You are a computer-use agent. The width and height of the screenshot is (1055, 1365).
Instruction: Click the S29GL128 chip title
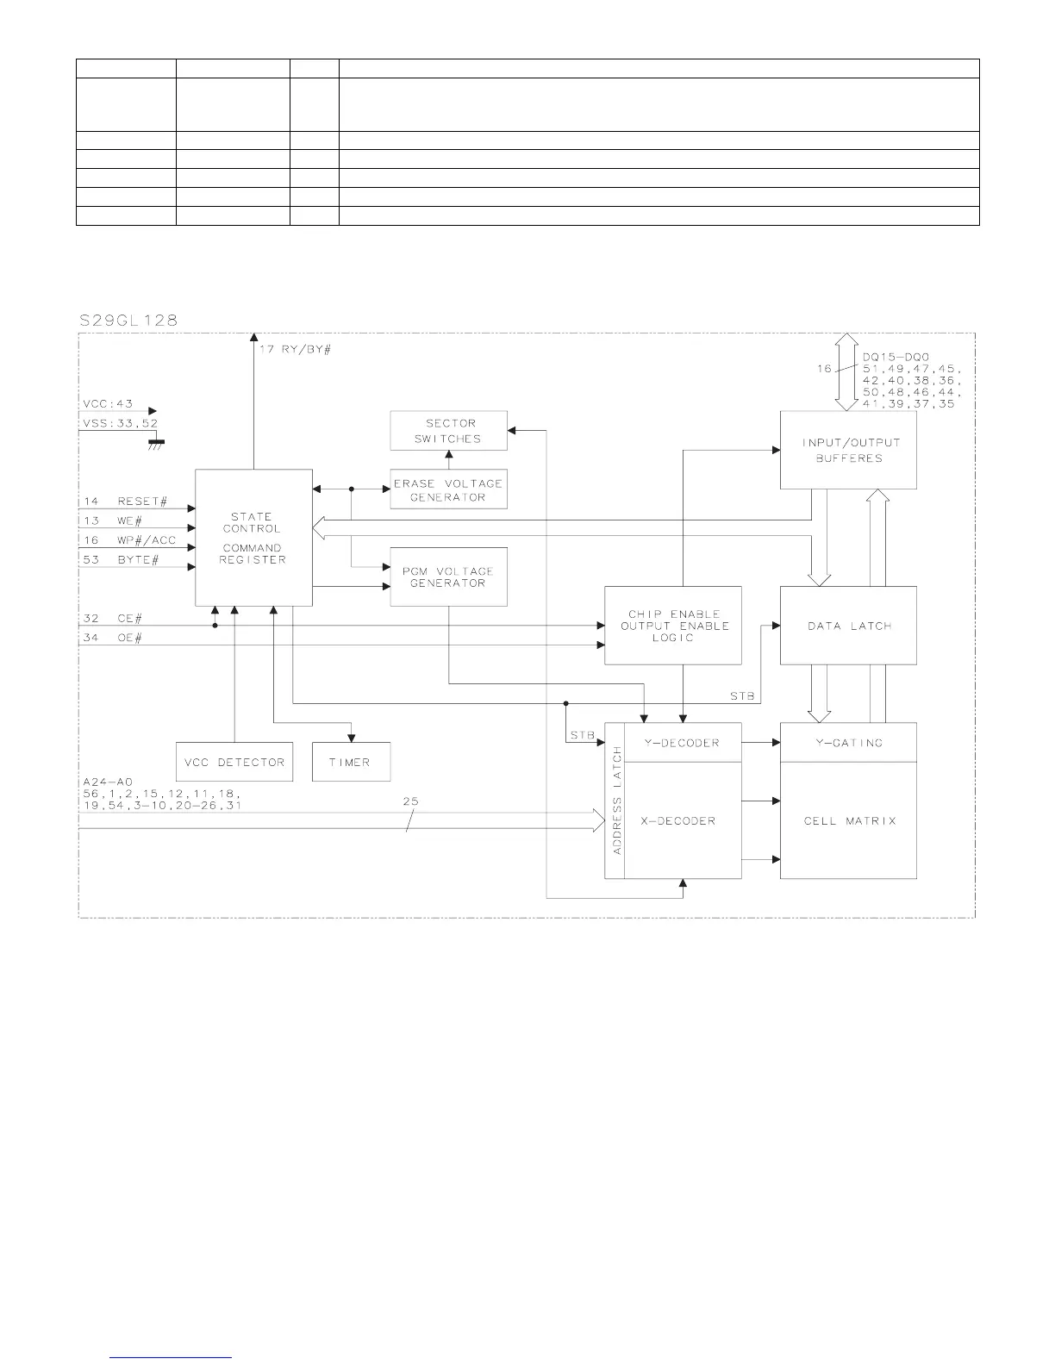pyautogui.click(x=128, y=320)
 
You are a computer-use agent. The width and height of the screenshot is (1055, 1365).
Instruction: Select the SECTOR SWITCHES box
pyautogui.click(x=448, y=431)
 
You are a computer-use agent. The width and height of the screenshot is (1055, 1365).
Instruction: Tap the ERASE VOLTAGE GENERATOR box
pyautogui.click(x=448, y=489)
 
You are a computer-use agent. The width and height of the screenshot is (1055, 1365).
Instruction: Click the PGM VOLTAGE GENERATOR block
pyautogui.click(x=448, y=577)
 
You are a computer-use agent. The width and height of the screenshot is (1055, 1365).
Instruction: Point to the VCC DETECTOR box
pyautogui.click(x=234, y=762)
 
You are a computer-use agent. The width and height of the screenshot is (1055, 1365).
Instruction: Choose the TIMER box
pyautogui.click(x=350, y=762)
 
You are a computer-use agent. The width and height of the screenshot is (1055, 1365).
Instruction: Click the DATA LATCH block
pyautogui.click(x=848, y=626)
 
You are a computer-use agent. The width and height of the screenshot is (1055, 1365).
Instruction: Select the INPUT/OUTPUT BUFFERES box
pyautogui.click(x=848, y=450)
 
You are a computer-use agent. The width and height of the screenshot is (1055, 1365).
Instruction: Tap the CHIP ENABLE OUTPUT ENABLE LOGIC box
pyautogui.click(x=673, y=626)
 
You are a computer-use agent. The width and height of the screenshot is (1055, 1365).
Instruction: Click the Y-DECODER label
pyautogui.click(x=682, y=743)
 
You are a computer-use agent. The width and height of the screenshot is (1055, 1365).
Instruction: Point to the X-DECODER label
pyautogui.click(x=677, y=820)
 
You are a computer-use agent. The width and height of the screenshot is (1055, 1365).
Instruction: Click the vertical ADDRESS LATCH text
pyautogui.click(x=616, y=801)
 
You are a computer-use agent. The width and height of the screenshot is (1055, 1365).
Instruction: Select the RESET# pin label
pyautogui.click(x=142, y=502)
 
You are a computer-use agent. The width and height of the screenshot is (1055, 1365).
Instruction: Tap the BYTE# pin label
pyautogui.click(x=138, y=560)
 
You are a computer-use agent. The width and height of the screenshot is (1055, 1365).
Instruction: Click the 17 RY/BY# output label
pyautogui.click(x=295, y=351)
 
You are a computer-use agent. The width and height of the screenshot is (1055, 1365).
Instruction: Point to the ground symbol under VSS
pyautogui.click(x=156, y=443)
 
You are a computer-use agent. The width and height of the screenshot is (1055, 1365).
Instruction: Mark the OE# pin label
pyautogui.click(x=130, y=638)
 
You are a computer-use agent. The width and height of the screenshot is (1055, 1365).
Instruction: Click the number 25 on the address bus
pyautogui.click(x=410, y=801)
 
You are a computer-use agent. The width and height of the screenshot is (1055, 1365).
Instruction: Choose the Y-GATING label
pyautogui.click(x=849, y=743)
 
